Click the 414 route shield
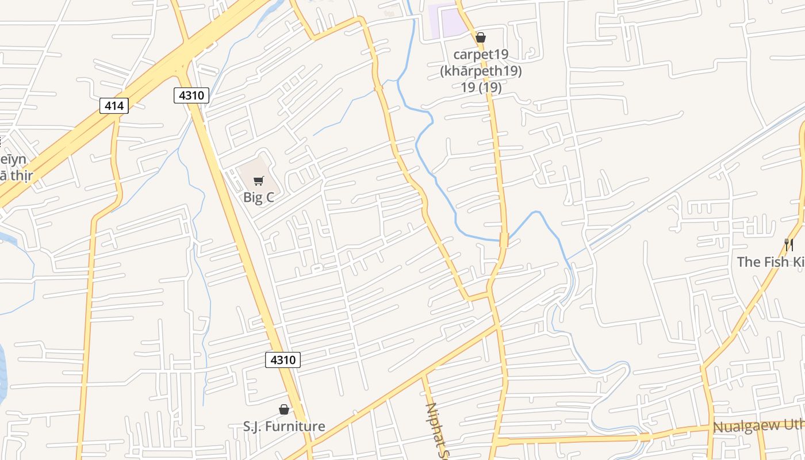[114, 105]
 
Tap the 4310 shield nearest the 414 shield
[191, 95]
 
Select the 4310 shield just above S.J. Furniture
[283, 360]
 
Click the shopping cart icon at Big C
[259, 181]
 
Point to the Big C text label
[259, 197]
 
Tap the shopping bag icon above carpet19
[481, 38]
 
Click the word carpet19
[481, 55]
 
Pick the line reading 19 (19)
[481, 87]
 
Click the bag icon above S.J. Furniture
[283, 409]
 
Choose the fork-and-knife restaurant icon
[789, 245]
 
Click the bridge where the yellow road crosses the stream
[504, 240]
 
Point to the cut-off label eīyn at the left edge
[13, 159]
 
